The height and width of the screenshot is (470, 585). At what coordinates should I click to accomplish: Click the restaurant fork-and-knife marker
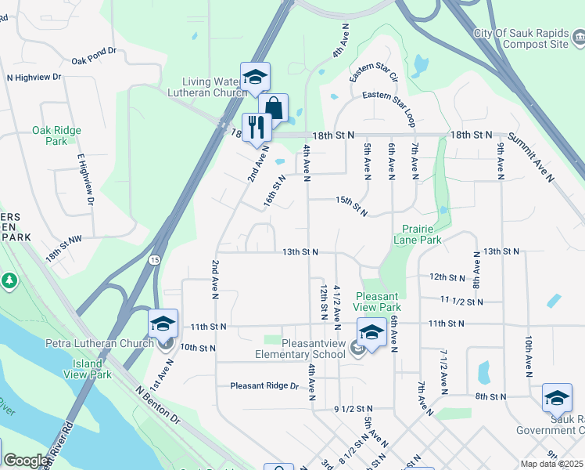point(257,127)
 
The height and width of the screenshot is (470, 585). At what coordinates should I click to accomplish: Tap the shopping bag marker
point(274,108)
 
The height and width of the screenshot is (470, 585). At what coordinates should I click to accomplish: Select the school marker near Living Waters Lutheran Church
point(255,78)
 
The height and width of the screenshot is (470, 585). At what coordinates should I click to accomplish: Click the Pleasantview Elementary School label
point(300,349)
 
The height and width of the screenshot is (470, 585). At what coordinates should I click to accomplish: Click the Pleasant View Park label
point(378,302)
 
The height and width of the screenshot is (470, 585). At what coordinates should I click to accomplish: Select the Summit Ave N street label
point(531,157)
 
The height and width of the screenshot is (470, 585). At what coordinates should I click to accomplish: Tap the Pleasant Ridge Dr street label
point(264,386)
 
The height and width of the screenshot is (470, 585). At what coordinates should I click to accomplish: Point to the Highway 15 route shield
point(155,259)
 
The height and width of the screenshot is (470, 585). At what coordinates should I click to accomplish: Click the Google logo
point(25,461)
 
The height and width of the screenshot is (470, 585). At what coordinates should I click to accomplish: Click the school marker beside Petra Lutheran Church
point(162,323)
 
